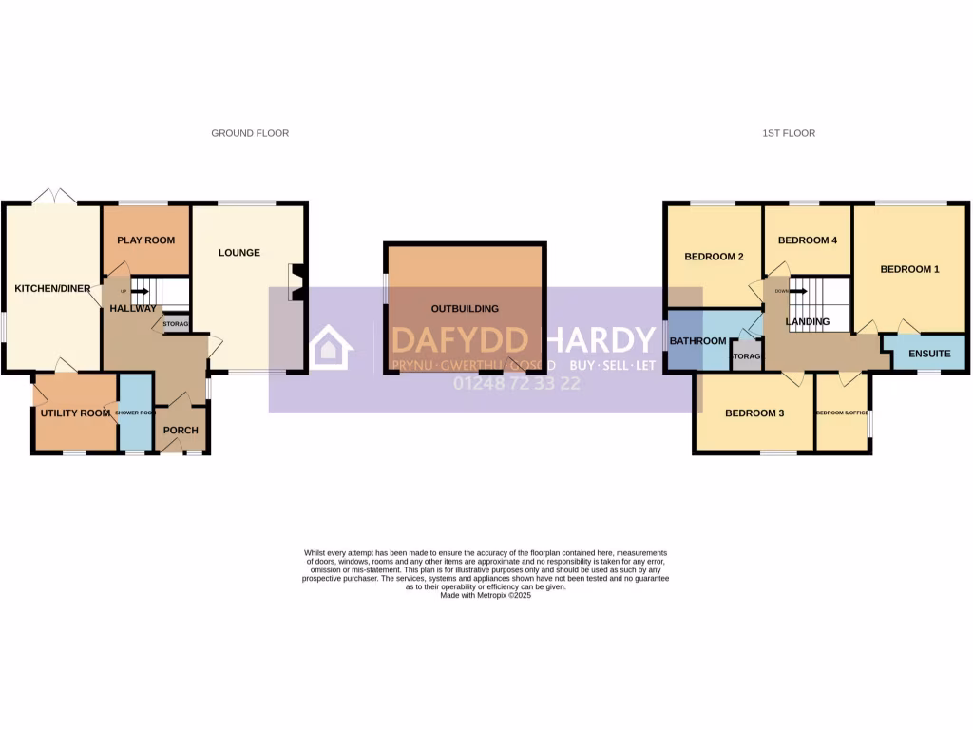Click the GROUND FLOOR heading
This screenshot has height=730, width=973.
(250, 133)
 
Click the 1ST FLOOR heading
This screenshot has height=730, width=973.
(788, 133)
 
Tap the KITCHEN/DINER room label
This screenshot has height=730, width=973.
(50, 287)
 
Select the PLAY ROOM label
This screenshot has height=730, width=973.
(145, 240)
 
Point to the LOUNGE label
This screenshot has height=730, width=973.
(238, 253)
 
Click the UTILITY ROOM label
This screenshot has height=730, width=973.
(75, 413)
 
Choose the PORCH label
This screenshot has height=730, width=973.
(181, 431)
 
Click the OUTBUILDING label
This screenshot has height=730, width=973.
(465, 309)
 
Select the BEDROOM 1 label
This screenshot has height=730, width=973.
(909, 269)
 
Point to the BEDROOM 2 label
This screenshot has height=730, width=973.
(714, 257)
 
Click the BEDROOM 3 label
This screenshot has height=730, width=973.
(754, 413)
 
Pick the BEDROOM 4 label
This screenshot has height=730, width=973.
(807, 240)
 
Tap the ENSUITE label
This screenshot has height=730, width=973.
(928, 354)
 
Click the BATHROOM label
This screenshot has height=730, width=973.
(698, 340)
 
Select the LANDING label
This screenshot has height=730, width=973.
(807, 321)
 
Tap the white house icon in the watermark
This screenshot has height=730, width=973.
(326, 347)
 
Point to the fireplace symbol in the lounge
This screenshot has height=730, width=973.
(296, 282)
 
